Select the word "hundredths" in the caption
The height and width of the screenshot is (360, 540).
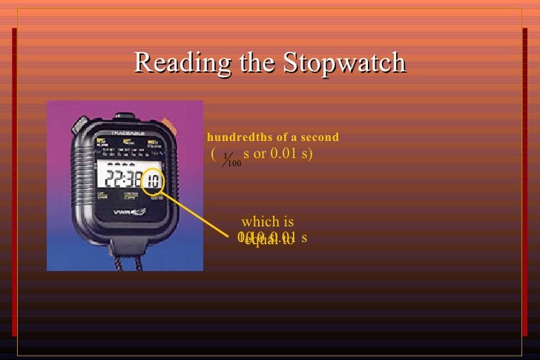pos(234,137)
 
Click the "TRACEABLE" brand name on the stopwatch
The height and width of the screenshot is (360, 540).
pos(125,134)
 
